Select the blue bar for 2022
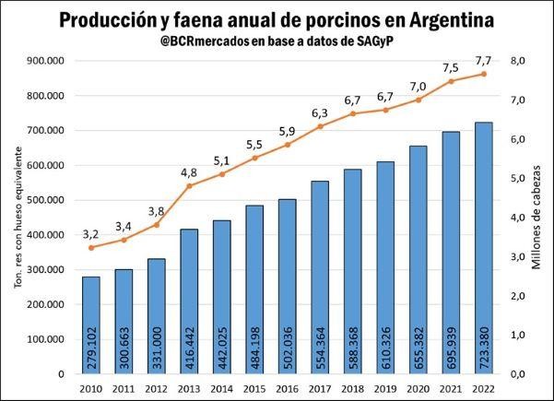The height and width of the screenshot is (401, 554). click(484, 248)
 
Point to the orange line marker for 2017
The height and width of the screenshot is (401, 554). click(320, 125)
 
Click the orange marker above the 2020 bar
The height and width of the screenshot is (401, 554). click(418, 100)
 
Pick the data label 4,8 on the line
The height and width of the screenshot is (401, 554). click(189, 172)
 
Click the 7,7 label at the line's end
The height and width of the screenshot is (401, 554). click(484, 60)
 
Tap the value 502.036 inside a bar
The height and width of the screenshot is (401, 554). click(288, 340)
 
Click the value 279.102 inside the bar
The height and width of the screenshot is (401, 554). click(91, 340)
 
